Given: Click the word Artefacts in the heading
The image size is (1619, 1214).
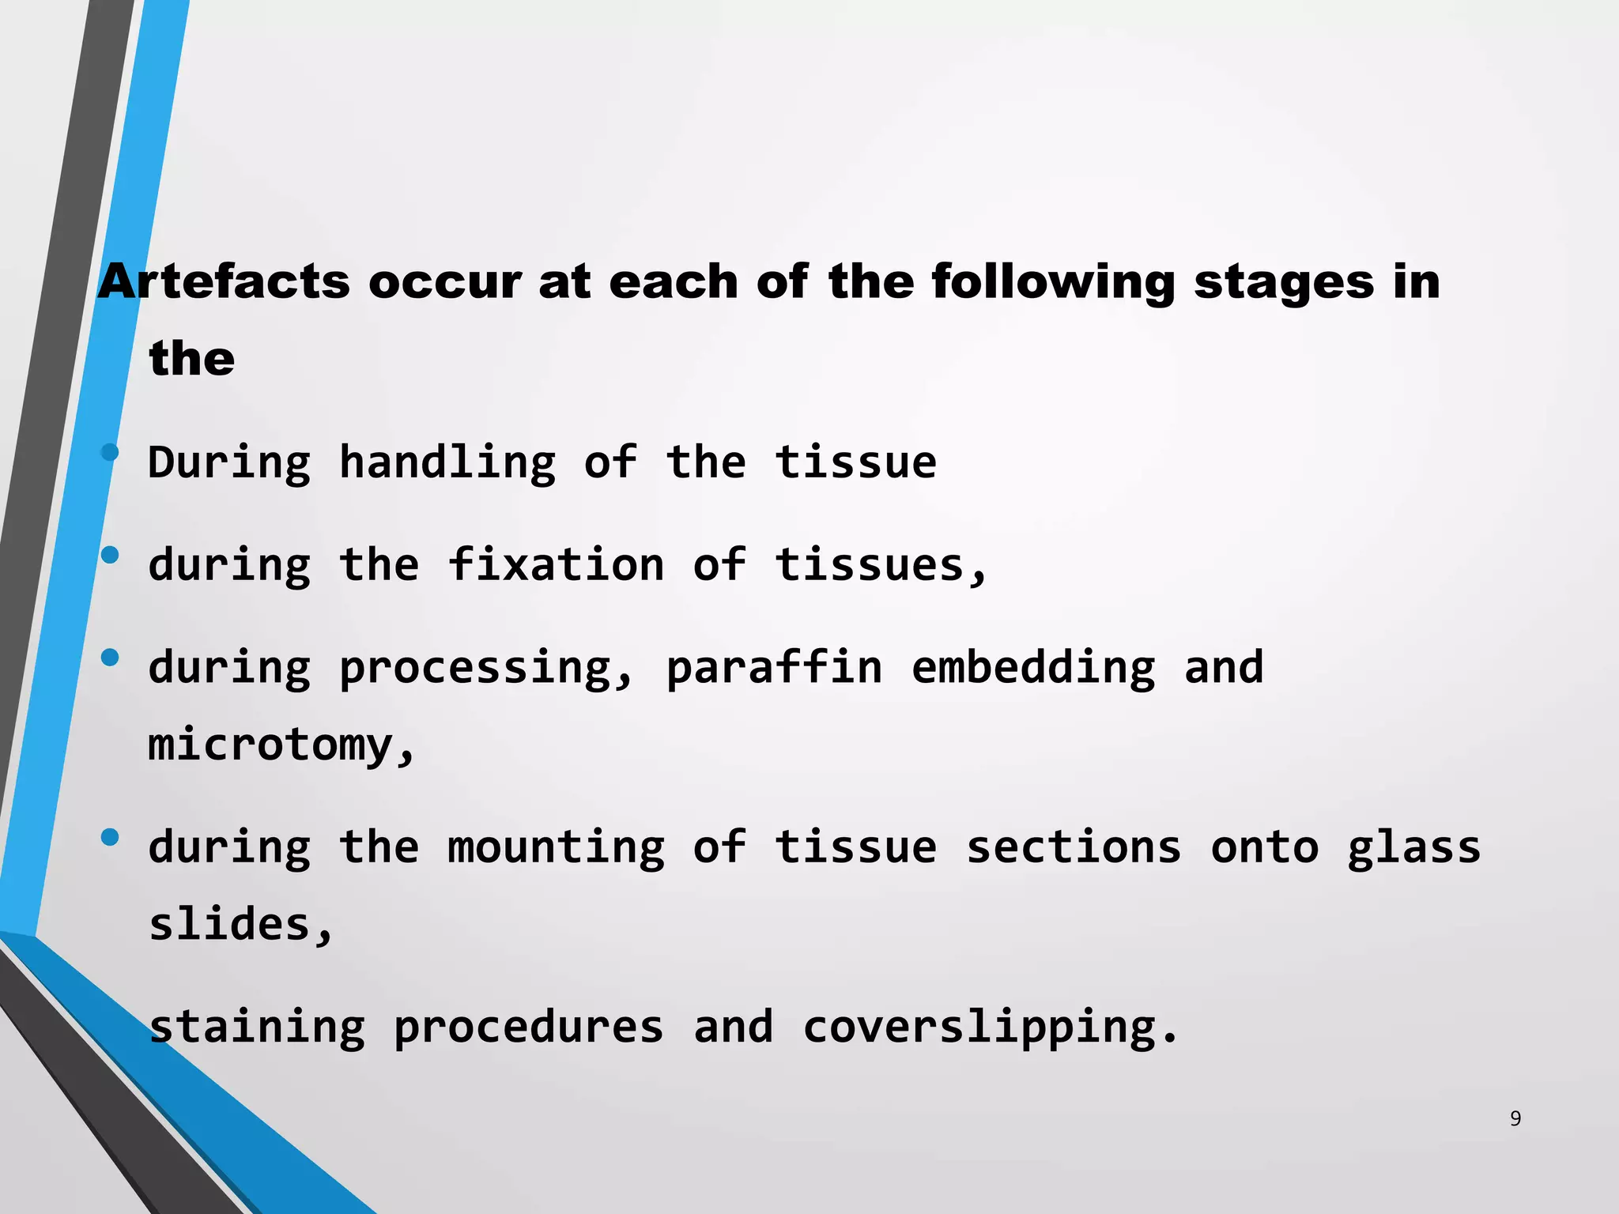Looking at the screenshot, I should pos(223,281).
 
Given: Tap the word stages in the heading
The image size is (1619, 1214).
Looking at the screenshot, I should pos(1284,283).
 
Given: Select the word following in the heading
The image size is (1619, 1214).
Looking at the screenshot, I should pos(1053,283).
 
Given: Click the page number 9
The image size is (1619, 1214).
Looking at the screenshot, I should pos(1515,1118).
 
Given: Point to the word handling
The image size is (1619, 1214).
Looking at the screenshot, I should pos(447,463).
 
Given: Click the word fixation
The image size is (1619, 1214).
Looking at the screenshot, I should pos(556,565).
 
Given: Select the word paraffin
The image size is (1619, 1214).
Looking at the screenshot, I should pos(774,669).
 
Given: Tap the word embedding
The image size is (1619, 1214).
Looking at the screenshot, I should pos(1032,667).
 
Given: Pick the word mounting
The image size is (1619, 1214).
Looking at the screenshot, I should pos(556,847).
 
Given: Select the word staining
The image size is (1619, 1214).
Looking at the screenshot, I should pos(257,1027).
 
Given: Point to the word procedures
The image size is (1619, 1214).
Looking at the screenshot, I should pos(528,1027).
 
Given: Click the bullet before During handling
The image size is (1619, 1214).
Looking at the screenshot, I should pos(110,453).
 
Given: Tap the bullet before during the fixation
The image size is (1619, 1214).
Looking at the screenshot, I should pos(110,555).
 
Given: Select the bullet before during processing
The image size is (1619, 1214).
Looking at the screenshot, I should pos(110,657).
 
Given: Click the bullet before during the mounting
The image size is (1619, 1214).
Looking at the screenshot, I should pos(110,837).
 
